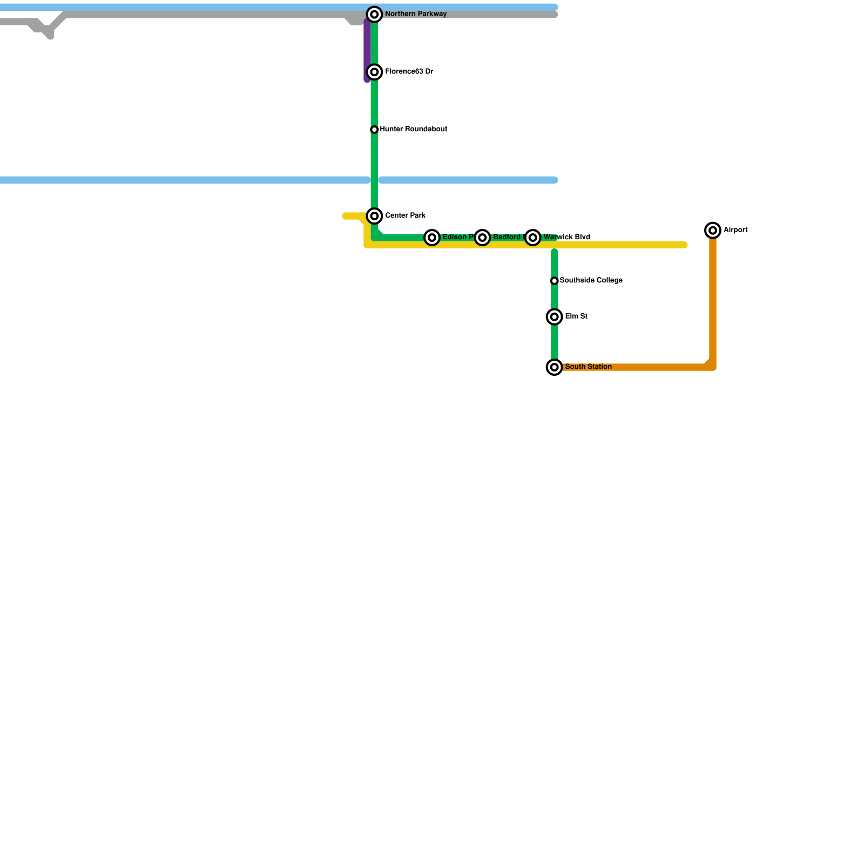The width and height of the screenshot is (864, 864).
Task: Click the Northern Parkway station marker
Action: [374, 15]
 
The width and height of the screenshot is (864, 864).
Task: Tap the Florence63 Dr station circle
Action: [374, 72]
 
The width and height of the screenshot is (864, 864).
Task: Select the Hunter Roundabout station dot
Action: [374, 130]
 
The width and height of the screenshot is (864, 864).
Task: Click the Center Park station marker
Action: [374, 216]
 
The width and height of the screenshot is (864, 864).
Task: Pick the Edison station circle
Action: [432, 238]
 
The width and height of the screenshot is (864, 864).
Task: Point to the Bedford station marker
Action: [482, 238]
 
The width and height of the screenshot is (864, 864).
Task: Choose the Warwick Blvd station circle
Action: [533, 238]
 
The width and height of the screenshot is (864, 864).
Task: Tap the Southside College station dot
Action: [554, 281]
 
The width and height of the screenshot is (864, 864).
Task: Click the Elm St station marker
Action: [555, 317]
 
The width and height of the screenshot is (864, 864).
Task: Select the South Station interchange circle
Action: [555, 367]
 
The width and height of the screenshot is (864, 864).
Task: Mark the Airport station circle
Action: [713, 231]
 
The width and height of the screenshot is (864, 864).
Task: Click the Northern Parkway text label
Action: [415, 14]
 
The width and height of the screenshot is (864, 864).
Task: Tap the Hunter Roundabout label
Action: [413, 130]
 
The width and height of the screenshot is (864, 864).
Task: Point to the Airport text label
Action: [735, 230]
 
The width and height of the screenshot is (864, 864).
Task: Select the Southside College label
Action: [591, 280]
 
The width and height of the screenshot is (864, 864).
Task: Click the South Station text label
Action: [588, 367]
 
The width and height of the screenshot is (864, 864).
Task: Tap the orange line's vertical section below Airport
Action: [713, 302]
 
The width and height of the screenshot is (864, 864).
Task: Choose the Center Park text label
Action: [405, 216]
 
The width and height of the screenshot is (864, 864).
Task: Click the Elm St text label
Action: [576, 316]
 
